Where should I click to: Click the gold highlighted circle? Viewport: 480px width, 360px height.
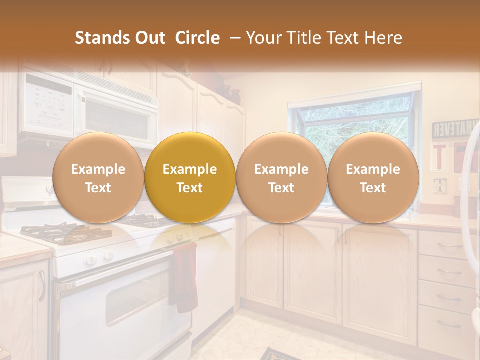pos(190,178)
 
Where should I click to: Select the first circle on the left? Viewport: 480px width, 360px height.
pos(98,178)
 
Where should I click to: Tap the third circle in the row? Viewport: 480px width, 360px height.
pos(281,178)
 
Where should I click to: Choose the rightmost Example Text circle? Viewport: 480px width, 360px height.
pos(373,178)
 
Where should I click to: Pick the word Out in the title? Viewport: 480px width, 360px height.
pos(150,38)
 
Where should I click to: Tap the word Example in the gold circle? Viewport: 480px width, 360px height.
pos(190,169)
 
